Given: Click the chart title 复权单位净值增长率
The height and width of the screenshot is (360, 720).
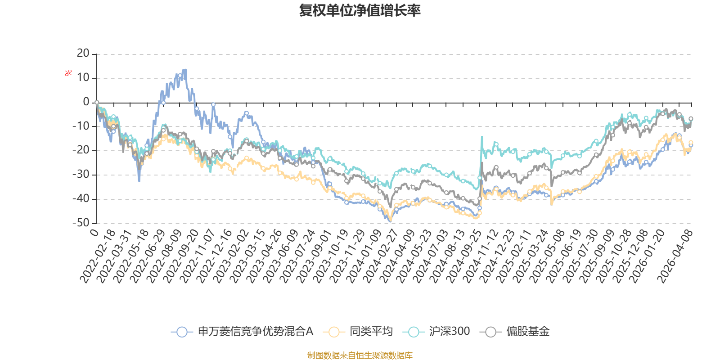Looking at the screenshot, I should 360,11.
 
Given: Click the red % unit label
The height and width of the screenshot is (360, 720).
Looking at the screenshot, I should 68,73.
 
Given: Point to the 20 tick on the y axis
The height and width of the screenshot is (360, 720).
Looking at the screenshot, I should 83,54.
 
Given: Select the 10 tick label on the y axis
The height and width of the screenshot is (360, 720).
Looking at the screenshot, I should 83,78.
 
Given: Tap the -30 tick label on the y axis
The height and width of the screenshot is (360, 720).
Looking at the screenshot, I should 81,174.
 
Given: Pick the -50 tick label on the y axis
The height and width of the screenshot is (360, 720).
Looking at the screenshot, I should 81,222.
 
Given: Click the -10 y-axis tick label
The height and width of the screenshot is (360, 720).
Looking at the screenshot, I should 81,126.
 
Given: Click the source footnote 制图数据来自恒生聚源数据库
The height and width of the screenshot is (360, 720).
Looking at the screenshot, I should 360,355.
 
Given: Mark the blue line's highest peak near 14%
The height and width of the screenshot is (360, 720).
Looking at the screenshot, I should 185,69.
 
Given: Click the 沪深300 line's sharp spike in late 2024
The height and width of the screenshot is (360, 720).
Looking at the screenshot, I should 482,136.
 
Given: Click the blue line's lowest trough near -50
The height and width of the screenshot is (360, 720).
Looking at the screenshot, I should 390,221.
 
